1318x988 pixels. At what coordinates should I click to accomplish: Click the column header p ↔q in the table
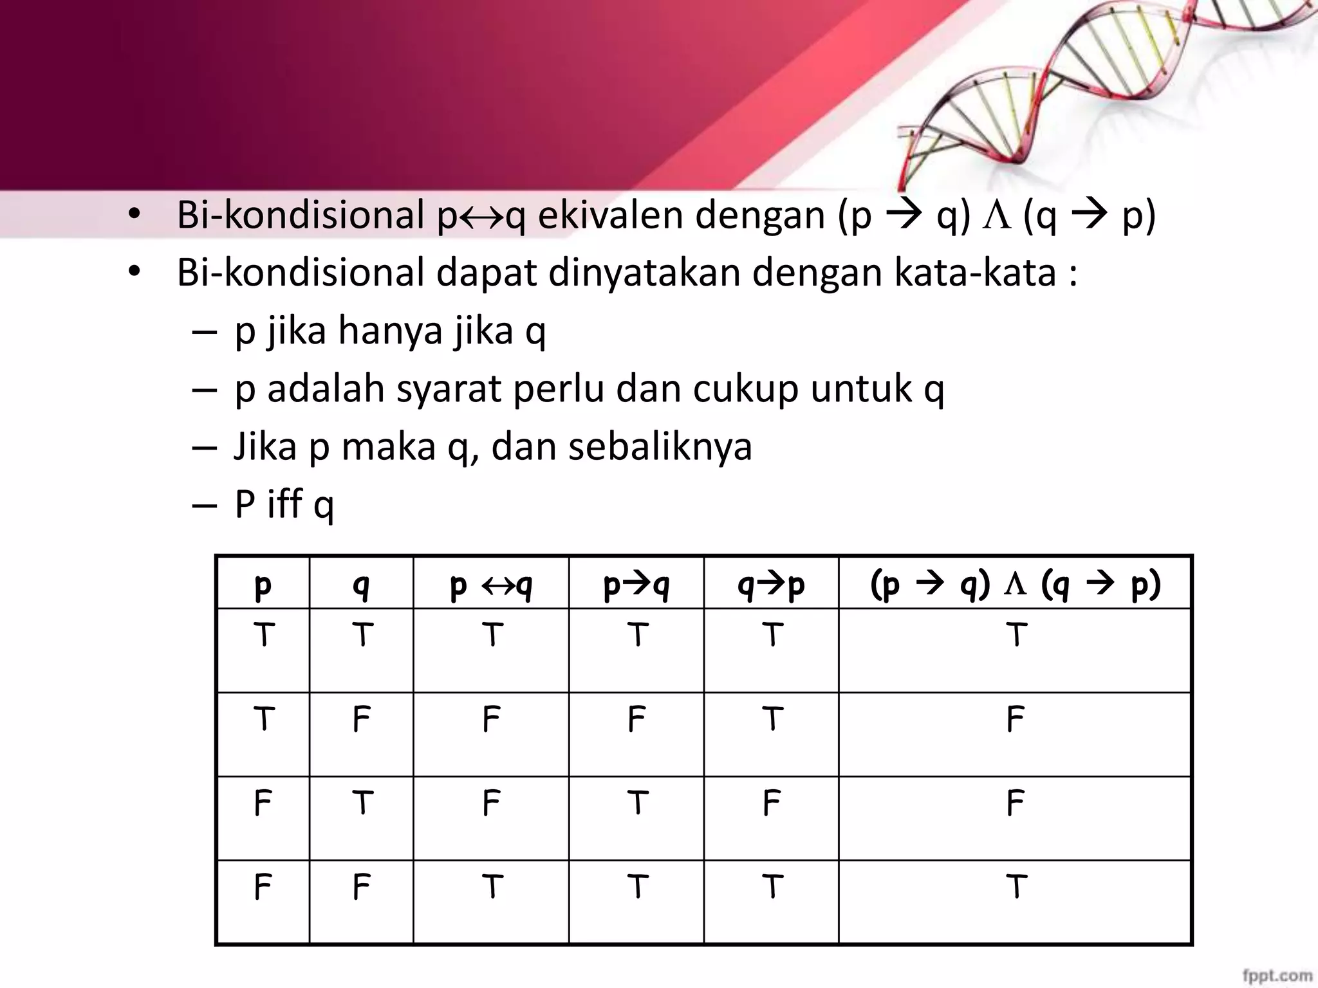click(491, 585)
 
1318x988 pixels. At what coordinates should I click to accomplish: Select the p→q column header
click(636, 585)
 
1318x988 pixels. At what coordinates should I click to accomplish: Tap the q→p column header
click(771, 585)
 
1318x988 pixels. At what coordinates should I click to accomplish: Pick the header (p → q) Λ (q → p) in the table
click(1015, 585)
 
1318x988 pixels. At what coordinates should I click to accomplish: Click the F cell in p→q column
click(636, 719)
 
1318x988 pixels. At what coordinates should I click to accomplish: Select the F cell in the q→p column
click(771, 803)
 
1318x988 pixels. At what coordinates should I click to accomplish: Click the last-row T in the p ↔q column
click(492, 887)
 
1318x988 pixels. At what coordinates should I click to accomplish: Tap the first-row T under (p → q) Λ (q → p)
click(1016, 635)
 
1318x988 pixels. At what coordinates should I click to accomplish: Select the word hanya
click(390, 330)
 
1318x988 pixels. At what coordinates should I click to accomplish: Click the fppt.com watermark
click(1277, 975)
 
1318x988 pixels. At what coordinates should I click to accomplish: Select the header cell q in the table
click(361, 585)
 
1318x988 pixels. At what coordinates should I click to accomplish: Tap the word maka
click(388, 446)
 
